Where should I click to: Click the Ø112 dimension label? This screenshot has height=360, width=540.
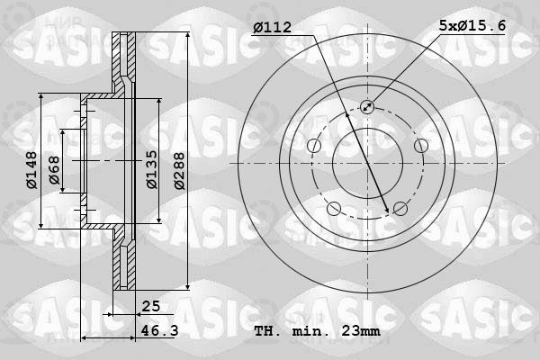[273, 27]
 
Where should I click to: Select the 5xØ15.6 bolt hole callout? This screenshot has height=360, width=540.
[472, 26]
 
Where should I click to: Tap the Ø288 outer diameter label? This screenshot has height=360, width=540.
[179, 171]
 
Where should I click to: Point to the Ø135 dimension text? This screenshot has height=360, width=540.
[151, 169]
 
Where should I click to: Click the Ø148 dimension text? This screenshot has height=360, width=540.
[31, 170]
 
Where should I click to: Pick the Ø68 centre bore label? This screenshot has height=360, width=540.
[54, 170]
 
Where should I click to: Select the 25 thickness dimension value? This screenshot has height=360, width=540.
[151, 306]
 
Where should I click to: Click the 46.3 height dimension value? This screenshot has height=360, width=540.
[159, 330]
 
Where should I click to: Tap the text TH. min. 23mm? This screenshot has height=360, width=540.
[317, 331]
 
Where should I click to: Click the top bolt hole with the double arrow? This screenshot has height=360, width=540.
[367, 107]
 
